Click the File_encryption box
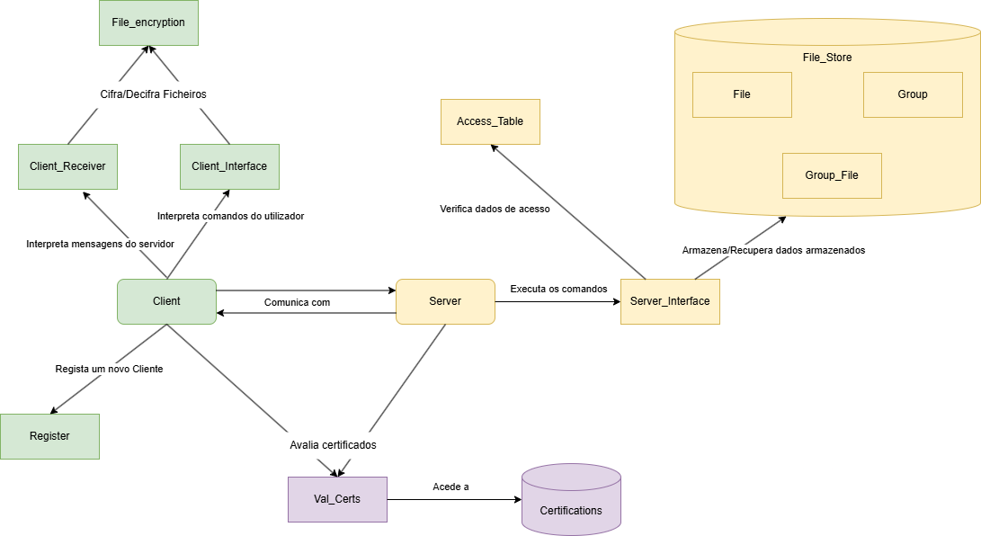(148, 22)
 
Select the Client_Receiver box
(67, 166)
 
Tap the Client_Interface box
(229, 166)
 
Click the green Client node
(166, 301)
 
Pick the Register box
(49, 436)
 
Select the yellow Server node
(445, 301)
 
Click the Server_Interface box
(670, 301)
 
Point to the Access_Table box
(490, 121)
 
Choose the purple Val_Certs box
(337, 499)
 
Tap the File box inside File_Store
(742, 94)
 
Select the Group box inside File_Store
(913, 94)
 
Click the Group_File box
(832, 175)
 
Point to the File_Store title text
(827, 58)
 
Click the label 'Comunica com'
(297, 302)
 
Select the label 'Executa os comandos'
(558, 289)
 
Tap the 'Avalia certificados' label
(333, 445)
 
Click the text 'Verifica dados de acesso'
(495, 209)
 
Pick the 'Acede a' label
(450, 487)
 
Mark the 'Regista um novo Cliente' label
(109, 369)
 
